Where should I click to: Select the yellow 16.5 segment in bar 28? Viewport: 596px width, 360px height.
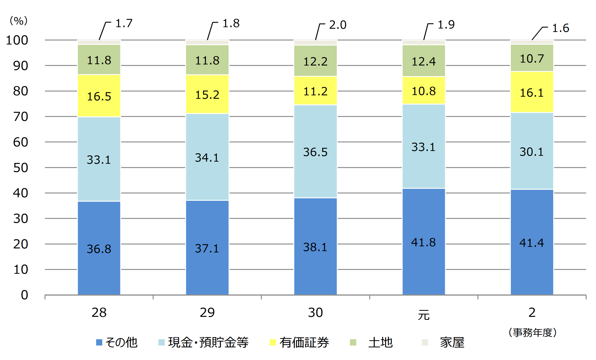point(99,96)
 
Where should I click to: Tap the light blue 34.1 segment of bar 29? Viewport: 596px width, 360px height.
point(207,157)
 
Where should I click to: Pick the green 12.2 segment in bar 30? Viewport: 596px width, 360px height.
point(316,61)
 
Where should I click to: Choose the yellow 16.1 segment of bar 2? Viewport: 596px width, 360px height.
point(532,92)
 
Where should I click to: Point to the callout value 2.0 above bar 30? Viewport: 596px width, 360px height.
point(338,25)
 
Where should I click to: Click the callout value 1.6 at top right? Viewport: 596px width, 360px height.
point(560,28)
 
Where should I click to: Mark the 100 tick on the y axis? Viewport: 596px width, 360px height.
point(17,40)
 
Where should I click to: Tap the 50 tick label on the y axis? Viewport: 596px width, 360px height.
point(20,168)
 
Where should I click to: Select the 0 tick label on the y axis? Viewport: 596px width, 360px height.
point(24,295)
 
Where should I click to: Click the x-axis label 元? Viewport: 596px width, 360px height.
point(424,315)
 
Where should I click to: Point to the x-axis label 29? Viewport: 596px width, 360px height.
point(207,313)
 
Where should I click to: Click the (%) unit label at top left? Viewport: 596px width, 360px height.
point(19,21)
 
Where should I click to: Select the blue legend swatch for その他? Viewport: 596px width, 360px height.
point(99,342)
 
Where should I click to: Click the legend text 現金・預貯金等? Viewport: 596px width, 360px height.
point(208,342)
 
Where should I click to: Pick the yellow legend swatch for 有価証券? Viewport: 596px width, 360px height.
point(273,342)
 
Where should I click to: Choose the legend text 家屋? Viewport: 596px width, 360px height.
point(452,342)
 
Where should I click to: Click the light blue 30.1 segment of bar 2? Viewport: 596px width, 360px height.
point(532,151)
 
